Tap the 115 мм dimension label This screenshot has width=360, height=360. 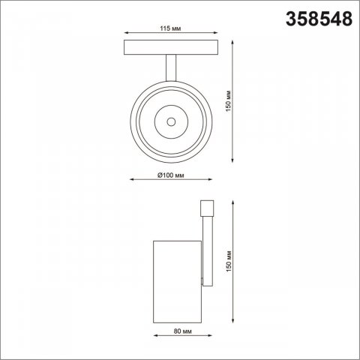pyautogui.click(x=172, y=28)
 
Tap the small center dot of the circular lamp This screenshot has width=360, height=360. pyautogui.click(x=171, y=120)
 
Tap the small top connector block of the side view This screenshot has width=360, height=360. pyautogui.click(x=207, y=208)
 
